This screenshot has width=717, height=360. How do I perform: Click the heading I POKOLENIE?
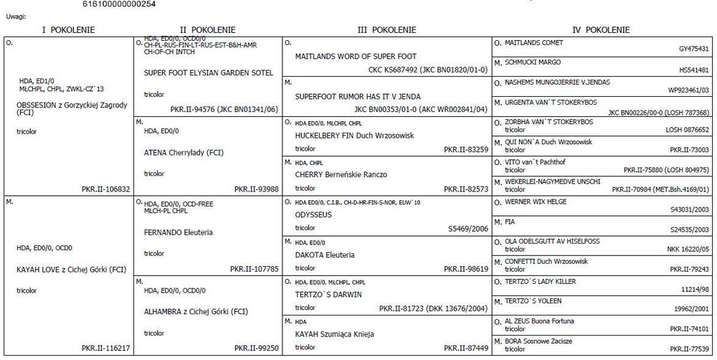[68, 30]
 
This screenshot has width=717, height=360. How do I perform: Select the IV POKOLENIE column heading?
[601, 30]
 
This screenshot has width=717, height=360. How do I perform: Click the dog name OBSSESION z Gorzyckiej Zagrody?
[72, 105]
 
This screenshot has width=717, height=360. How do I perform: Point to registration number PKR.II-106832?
[106, 189]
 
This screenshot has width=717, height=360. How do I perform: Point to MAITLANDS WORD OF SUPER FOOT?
[356, 56]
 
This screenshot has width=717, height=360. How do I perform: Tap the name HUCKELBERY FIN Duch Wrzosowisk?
[345, 136]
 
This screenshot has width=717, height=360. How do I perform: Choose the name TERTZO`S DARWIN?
[328, 294]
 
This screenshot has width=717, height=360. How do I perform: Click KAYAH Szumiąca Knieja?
[335, 334]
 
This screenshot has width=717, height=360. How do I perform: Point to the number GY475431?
[693, 49]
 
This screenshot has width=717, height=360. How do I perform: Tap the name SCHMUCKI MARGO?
[535, 62]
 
